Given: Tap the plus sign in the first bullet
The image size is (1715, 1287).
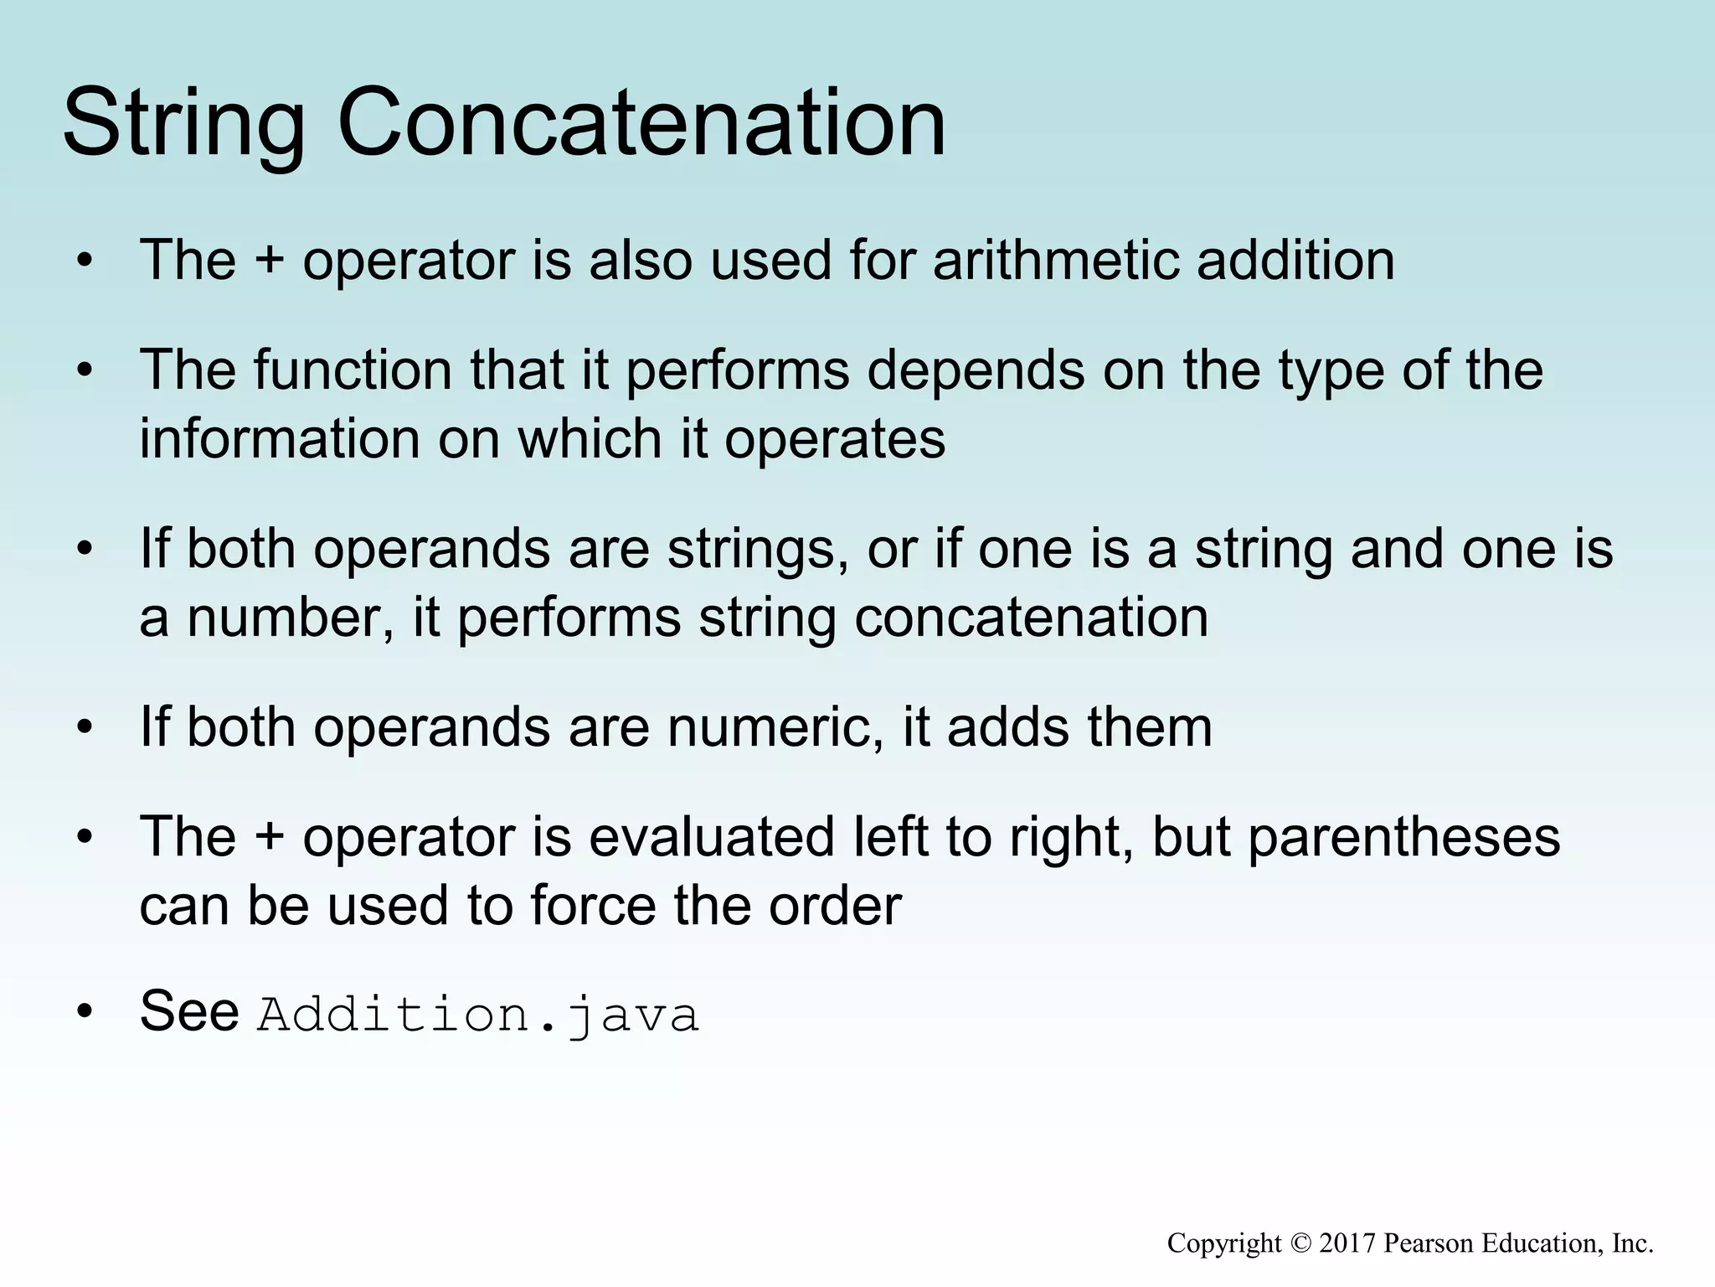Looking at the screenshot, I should click(x=269, y=261).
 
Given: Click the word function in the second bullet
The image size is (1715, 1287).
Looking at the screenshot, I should click(x=353, y=370).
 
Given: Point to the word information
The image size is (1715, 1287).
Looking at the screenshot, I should click(x=280, y=439).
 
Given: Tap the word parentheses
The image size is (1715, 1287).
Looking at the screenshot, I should click(x=1404, y=838).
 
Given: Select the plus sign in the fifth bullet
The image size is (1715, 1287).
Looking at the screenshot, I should click(x=269, y=838).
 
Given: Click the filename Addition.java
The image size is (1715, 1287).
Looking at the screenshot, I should click(x=477, y=1015).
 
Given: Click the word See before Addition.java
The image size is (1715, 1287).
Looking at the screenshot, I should click(x=189, y=1010).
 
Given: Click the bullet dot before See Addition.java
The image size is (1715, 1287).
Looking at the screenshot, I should click(x=84, y=1012).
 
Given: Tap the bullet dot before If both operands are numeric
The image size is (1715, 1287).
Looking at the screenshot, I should click(x=84, y=728).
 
